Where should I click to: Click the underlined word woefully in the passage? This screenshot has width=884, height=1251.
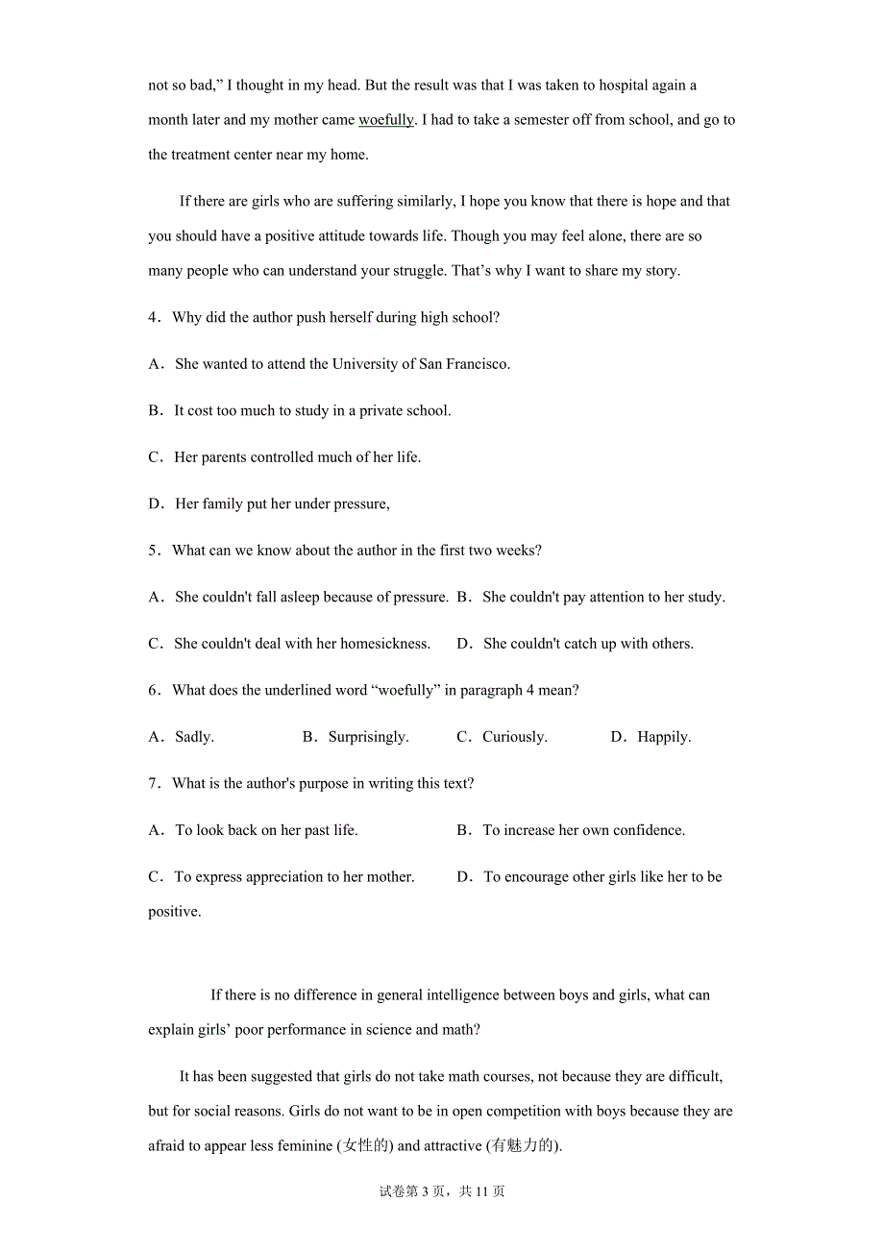click(385, 120)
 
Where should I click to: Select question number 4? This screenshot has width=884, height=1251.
click(154, 317)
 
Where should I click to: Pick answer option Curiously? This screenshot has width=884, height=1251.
click(514, 737)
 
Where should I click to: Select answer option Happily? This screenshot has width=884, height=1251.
click(664, 737)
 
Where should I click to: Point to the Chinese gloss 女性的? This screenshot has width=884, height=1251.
click(365, 1145)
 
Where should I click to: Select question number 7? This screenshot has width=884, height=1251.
click(154, 783)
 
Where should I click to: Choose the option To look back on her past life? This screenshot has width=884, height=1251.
click(266, 830)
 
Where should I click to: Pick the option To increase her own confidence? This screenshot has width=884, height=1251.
click(583, 830)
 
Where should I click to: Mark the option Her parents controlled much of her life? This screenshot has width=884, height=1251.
click(297, 457)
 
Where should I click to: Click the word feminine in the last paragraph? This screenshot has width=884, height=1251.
click(302, 1145)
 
